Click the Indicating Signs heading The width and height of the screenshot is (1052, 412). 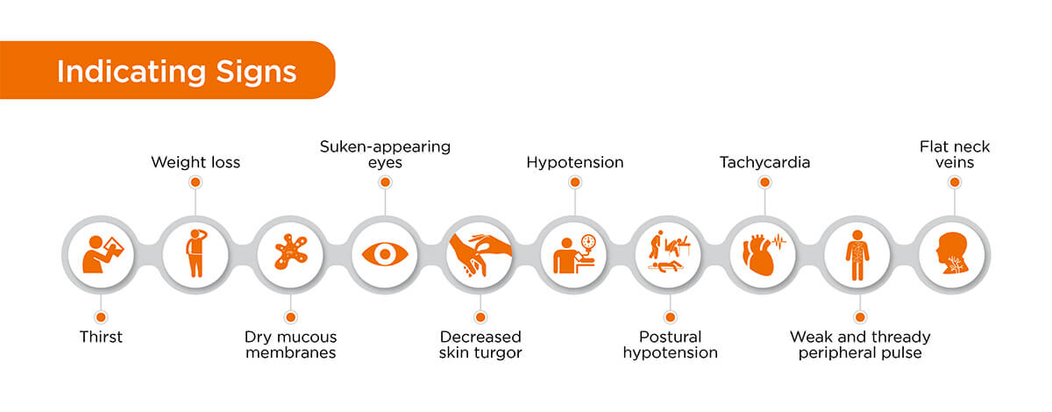click(176, 71)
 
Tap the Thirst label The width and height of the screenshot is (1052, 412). click(101, 337)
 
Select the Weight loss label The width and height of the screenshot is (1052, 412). click(195, 162)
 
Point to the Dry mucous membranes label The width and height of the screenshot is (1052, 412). click(290, 345)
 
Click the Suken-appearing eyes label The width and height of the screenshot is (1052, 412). click(384, 154)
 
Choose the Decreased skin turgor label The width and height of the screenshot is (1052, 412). click(480, 345)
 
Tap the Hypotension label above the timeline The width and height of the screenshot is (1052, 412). click(574, 162)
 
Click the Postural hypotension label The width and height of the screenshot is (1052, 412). click(670, 345)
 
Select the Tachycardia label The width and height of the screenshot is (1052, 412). click(764, 162)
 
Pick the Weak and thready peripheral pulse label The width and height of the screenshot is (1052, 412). click(860, 345)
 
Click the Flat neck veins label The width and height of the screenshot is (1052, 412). click(955, 154)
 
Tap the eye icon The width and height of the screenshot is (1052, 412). click(385, 254)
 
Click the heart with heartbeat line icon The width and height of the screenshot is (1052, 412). click(764, 254)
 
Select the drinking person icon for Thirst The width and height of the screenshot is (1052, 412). click(101, 254)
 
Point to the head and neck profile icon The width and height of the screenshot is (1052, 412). click(955, 254)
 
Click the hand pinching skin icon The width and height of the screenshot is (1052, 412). click(480, 254)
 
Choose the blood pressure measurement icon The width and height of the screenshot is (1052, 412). click(574, 254)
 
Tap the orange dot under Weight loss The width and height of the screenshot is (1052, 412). click(195, 182)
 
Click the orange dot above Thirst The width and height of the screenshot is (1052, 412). click(101, 316)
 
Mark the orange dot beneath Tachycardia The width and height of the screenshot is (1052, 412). click(764, 182)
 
